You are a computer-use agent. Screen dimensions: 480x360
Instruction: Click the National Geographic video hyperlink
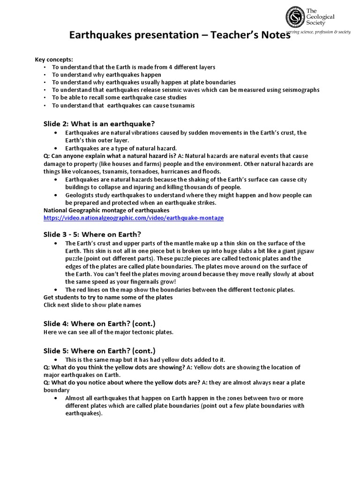(x=134, y=218)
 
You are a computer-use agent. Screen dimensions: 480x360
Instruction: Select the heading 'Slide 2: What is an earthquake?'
(x=99, y=124)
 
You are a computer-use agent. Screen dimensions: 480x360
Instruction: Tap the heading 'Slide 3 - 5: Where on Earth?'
(x=92, y=234)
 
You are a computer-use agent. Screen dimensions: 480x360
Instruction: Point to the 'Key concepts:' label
(x=54, y=60)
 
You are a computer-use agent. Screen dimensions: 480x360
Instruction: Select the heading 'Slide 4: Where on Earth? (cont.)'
(x=99, y=323)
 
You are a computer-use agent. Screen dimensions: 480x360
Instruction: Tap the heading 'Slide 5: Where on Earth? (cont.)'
(x=99, y=351)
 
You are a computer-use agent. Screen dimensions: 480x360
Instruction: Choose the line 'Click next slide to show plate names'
(x=92, y=305)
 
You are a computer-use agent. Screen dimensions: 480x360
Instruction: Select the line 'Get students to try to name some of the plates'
(x=108, y=297)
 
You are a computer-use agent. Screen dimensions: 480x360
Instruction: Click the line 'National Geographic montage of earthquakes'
(x=106, y=210)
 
